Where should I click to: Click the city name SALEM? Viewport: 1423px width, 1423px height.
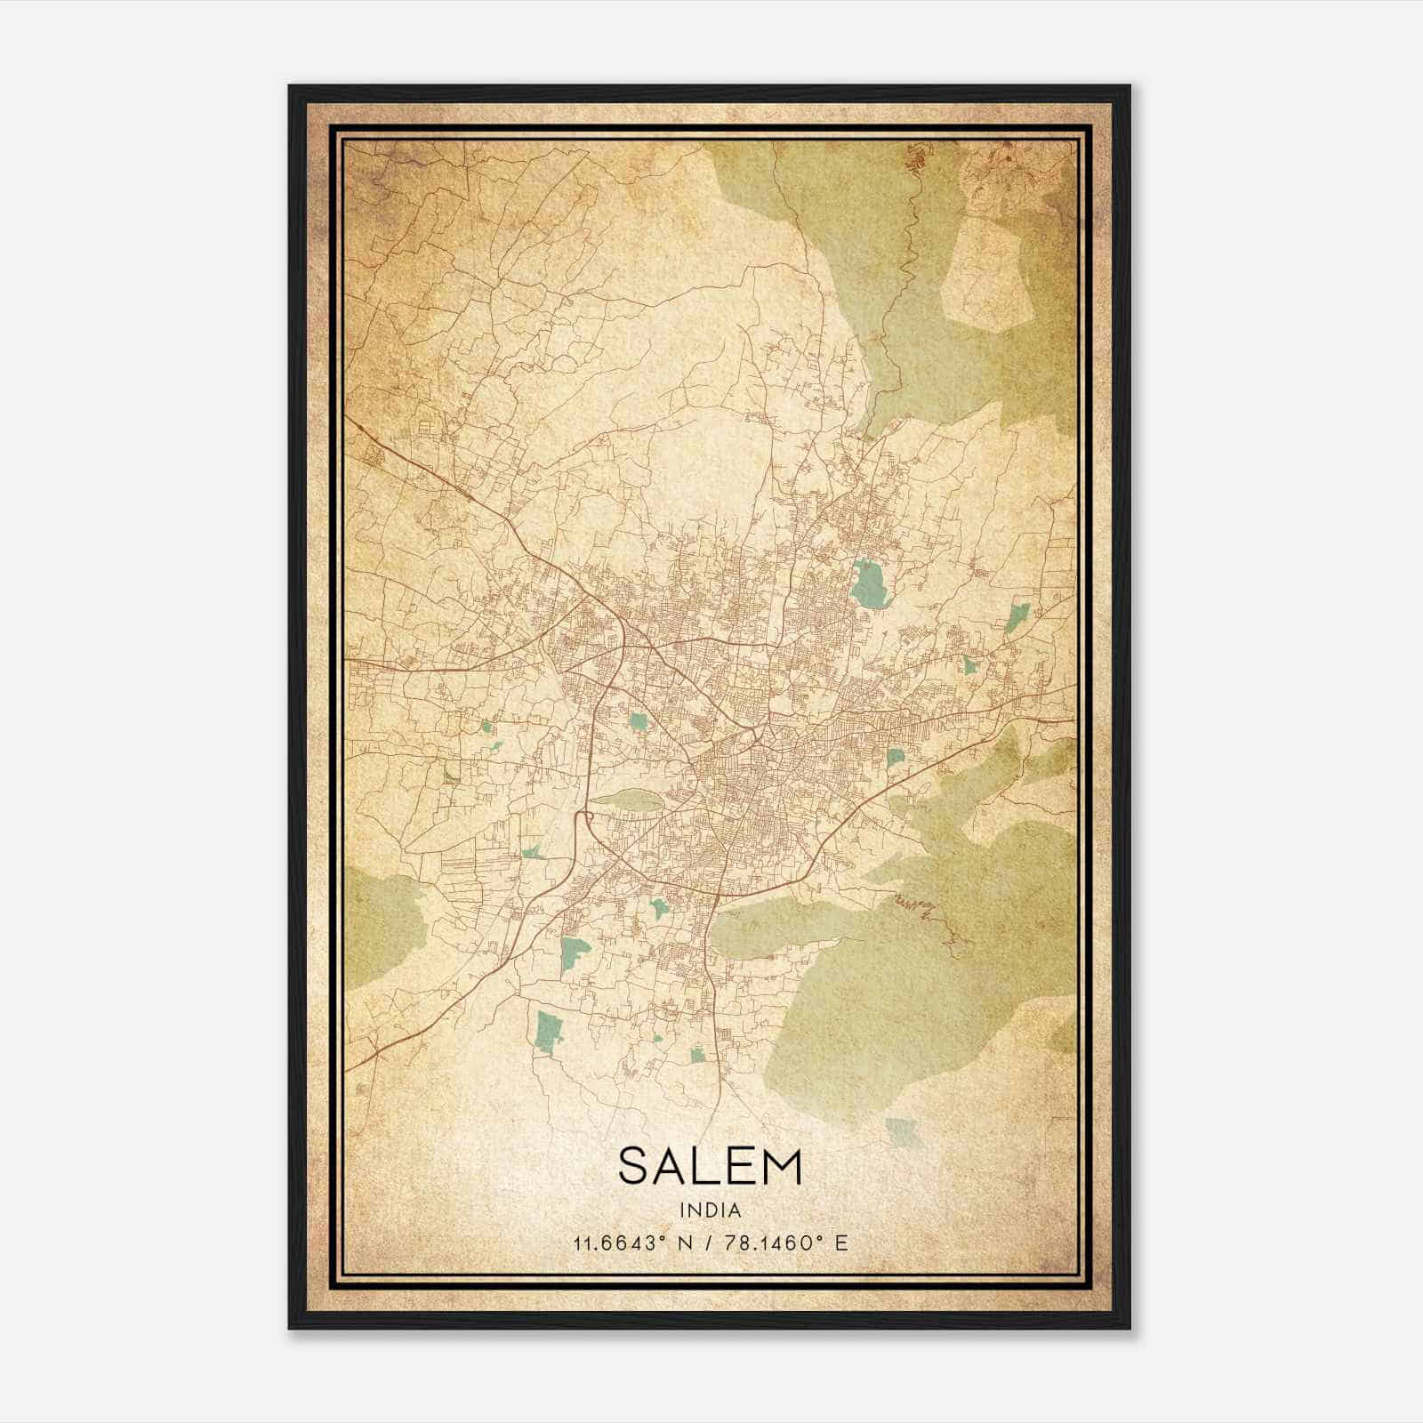[x=710, y=1166]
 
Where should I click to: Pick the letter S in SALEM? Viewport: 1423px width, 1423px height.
[x=635, y=1166]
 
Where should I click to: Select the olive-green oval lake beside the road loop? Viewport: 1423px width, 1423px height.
[x=627, y=799]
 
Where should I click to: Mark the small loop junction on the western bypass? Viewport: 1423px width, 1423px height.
[x=585, y=816]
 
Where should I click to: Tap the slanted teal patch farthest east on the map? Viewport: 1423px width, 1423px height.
[x=1019, y=615]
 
